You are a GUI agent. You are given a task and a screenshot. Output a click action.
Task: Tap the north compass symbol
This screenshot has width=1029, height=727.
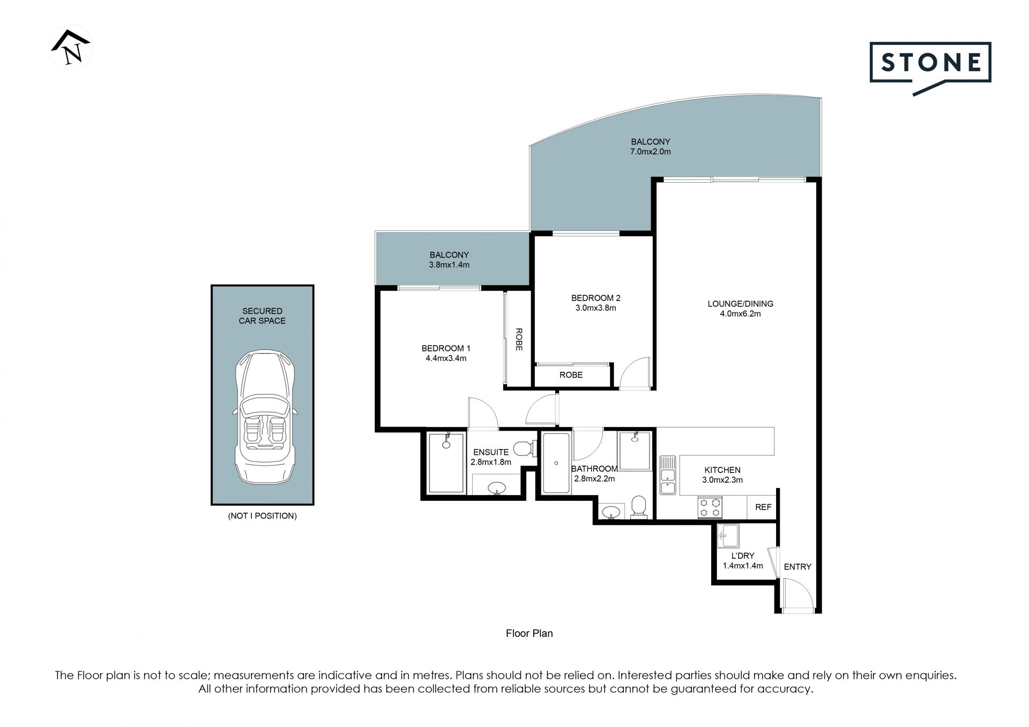click(71, 47)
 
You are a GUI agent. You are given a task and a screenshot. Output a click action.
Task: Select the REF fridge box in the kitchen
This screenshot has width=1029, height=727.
click(763, 506)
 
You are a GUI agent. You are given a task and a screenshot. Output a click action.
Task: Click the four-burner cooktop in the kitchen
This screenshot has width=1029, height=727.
click(710, 507)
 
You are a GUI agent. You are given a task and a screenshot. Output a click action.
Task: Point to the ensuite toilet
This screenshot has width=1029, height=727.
click(524, 447)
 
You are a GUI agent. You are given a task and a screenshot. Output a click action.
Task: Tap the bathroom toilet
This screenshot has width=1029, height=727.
click(638, 507)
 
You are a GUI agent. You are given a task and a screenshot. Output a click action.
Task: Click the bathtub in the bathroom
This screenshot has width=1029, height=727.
click(556, 463)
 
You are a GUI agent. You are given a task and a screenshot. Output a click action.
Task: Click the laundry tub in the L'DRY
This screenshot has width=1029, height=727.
click(729, 536)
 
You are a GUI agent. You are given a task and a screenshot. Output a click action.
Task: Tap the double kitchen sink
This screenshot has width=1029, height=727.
click(668, 475)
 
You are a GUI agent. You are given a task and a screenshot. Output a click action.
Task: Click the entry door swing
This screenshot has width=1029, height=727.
click(799, 594)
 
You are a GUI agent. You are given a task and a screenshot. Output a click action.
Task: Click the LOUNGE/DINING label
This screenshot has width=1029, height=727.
click(741, 304)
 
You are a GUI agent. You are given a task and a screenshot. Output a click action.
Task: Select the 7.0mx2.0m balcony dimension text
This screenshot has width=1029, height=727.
click(651, 152)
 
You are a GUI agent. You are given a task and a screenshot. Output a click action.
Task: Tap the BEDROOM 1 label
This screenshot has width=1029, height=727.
click(446, 348)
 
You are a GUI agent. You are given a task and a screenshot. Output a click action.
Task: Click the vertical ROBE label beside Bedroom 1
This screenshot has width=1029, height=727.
click(519, 339)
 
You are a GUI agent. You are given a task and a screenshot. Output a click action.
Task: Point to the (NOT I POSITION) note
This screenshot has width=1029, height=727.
click(262, 516)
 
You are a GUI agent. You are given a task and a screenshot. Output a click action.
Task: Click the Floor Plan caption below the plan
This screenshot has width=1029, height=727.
click(529, 633)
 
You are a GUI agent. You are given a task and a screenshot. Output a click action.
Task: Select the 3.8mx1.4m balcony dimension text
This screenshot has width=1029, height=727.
click(449, 265)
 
